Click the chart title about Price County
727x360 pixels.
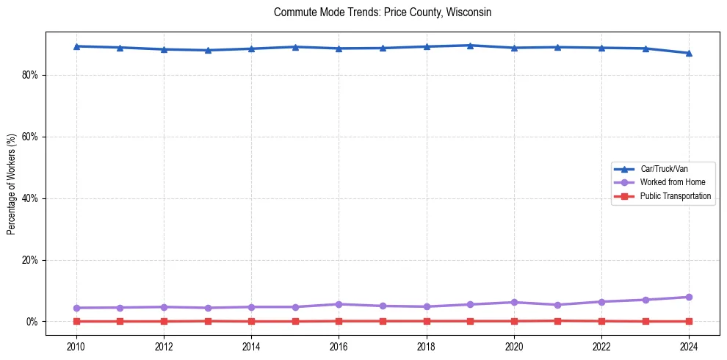(x=382, y=12)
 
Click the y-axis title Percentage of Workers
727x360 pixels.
(x=11, y=184)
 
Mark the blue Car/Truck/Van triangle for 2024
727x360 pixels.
(x=689, y=53)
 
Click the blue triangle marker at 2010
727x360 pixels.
(x=76, y=46)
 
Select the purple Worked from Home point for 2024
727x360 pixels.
(x=689, y=297)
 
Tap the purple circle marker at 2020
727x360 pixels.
(x=514, y=302)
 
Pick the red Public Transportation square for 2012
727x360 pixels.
(x=164, y=321)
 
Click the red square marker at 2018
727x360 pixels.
(x=427, y=321)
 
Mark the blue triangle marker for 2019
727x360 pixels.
(x=470, y=46)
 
